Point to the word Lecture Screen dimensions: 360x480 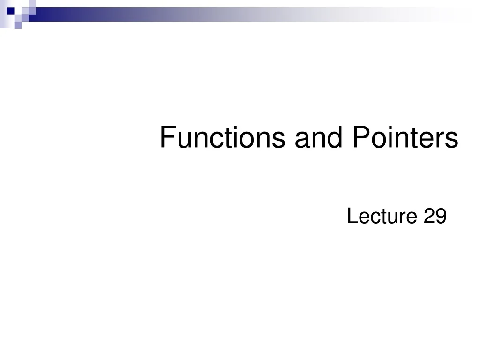(382, 217)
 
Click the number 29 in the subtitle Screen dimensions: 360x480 (435, 217)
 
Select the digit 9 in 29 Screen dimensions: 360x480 (440, 217)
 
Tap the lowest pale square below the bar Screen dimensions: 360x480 (17, 25)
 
